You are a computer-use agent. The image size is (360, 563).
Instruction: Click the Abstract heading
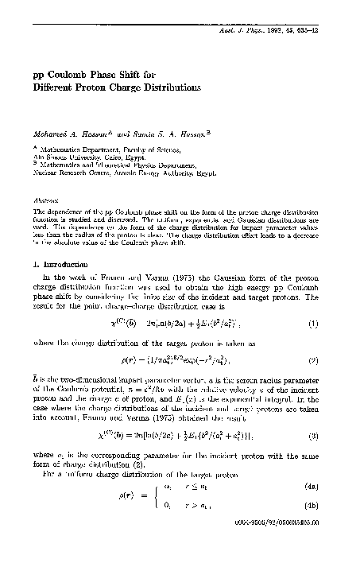click(52, 203)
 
